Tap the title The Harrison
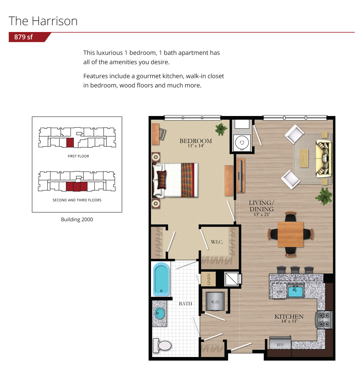pyautogui.click(x=43, y=21)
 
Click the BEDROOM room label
pyautogui.click(x=196, y=141)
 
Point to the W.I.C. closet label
pyautogui.click(x=217, y=242)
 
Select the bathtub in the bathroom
pyautogui.click(x=161, y=279)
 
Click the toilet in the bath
pyautogui.click(x=162, y=345)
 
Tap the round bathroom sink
pyautogui.click(x=160, y=313)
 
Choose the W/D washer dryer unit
pyautogui.click(x=215, y=301)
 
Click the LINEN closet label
pyautogui.click(x=209, y=279)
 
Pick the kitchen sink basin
pyautogui.click(x=295, y=291)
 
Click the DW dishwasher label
pyautogui.click(x=279, y=292)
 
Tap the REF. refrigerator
pyautogui.click(x=280, y=343)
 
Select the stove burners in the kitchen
pyautogui.click(x=324, y=320)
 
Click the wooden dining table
pyautogui.click(x=290, y=234)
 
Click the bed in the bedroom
pyautogui.click(x=175, y=180)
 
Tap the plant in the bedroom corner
pyautogui.click(x=221, y=129)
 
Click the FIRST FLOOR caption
pyautogui.click(x=78, y=156)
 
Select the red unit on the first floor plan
pyautogui.click(x=70, y=143)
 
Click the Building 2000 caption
pyautogui.click(x=77, y=220)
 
